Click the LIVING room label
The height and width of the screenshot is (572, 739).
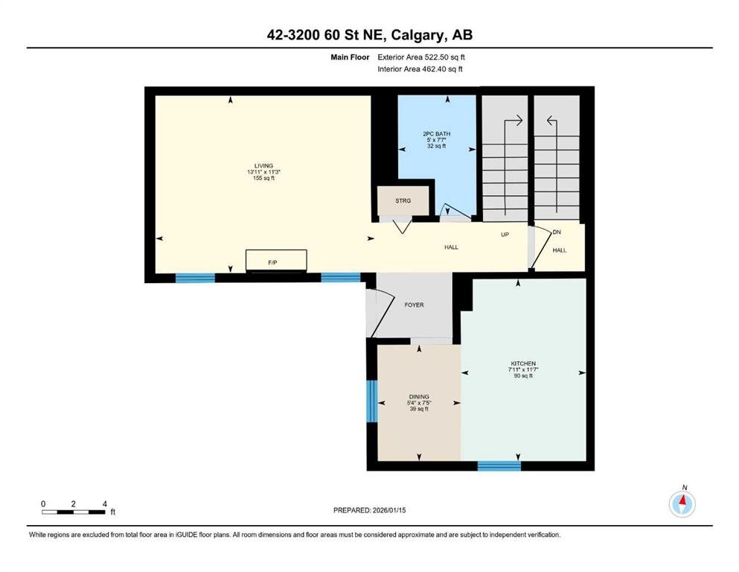click(263, 165)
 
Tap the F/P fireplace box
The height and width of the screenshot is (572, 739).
click(276, 261)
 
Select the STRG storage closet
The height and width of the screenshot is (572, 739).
click(403, 200)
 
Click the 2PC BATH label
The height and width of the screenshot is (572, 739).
click(436, 133)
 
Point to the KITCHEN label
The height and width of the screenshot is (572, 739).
click(523, 363)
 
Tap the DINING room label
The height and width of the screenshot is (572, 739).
click(419, 396)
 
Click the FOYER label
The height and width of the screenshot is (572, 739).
click(414, 305)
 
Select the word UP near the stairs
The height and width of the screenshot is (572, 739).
click(505, 235)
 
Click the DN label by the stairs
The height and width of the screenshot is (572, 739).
click(557, 232)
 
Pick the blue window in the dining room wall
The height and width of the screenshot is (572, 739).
click(372, 401)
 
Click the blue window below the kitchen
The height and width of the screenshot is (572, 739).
click(499, 466)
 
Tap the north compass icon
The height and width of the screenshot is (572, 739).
click(682, 503)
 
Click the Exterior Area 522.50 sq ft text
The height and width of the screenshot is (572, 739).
click(421, 57)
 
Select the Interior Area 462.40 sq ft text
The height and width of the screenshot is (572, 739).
click(420, 69)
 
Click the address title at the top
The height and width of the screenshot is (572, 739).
click(369, 35)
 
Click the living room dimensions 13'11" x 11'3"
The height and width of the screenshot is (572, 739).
click(263, 172)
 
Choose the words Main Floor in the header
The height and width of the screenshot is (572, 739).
click(350, 57)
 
